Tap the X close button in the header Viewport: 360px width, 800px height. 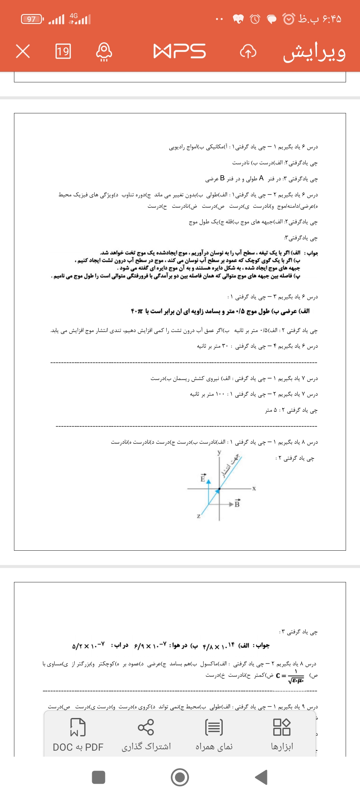23,51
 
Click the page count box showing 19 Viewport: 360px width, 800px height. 63,51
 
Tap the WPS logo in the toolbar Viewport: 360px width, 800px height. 179,51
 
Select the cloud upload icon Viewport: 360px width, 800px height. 248,51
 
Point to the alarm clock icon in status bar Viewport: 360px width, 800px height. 255,19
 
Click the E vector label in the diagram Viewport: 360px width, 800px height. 203,478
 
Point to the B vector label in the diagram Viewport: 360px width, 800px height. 237,504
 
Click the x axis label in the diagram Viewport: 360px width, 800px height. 254,488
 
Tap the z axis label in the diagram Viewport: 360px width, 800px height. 199,516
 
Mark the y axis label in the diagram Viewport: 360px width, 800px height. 219,452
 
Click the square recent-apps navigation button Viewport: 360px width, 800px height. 99,777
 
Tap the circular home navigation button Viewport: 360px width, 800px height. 180,777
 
